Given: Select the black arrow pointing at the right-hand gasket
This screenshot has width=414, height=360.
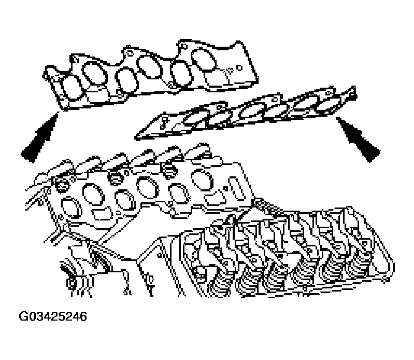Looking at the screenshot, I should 358,139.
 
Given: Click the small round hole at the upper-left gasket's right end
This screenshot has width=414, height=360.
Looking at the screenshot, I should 239,68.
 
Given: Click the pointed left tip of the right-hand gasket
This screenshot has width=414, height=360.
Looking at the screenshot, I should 137,136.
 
